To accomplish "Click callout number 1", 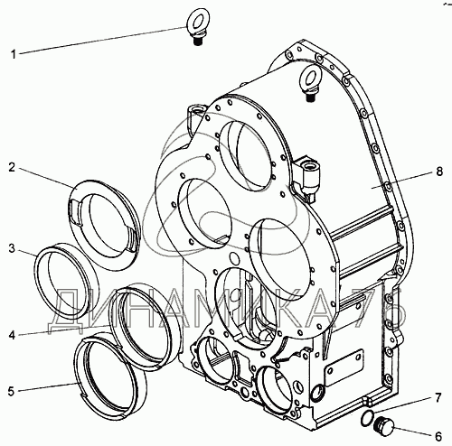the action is click(x=14, y=55).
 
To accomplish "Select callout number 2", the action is click(x=12, y=167).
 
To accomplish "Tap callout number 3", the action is click(x=12, y=249).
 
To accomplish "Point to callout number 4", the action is click(x=12, y=335).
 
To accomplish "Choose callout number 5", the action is click(x=11, y=392).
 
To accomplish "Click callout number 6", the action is click(x=438, y=436).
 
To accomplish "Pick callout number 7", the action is click(x=438, y=398).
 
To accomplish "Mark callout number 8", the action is click(x=439, y=172).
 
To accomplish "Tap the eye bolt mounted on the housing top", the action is click(x=310, y=83).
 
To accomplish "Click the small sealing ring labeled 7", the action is click(x=367, y=418).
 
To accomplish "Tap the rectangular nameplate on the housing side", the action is click(x=344, y=368).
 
